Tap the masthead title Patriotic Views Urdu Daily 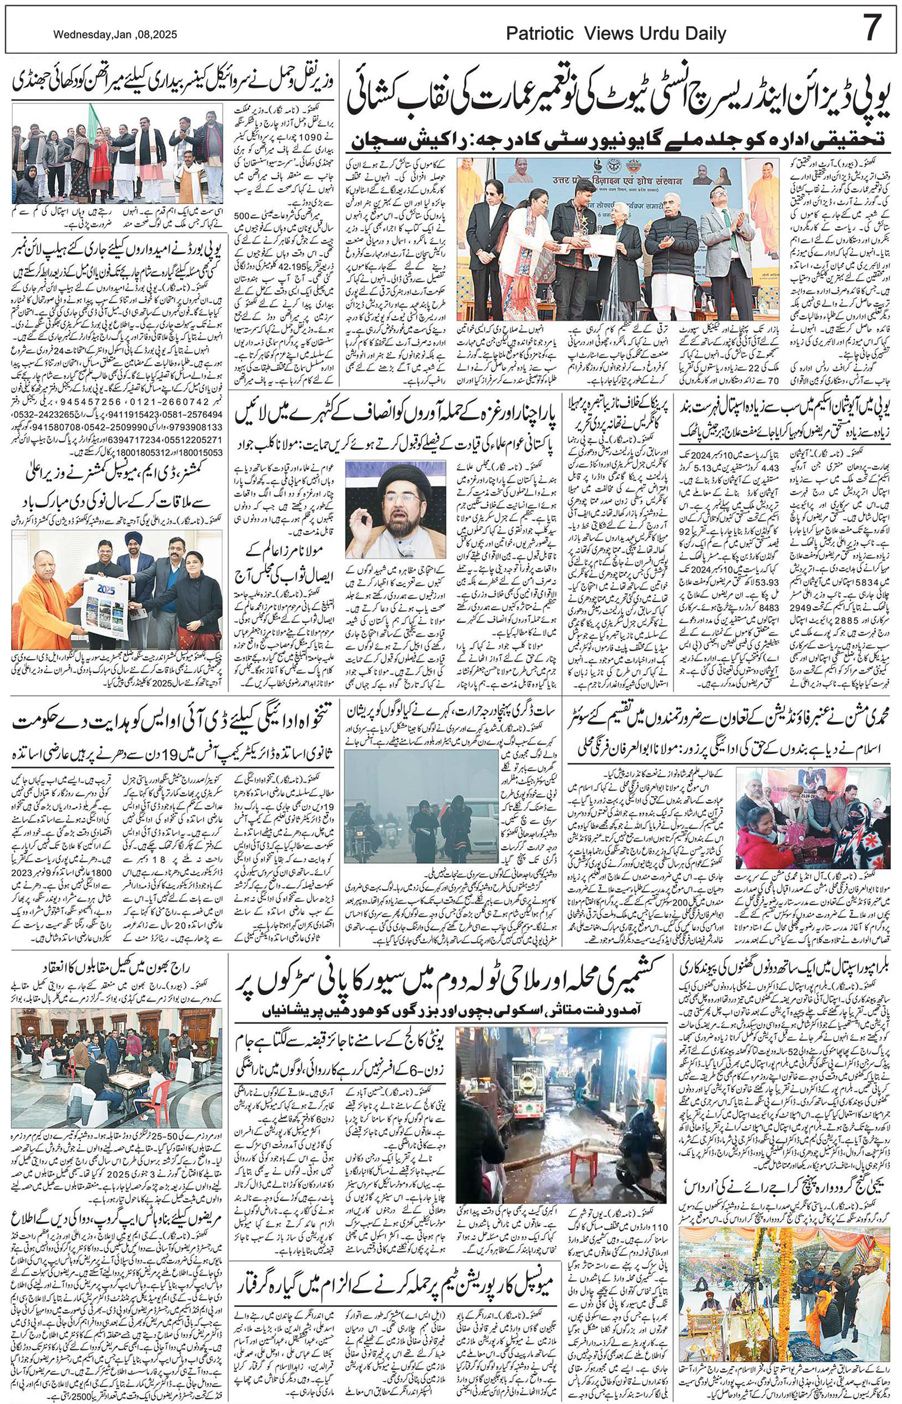tap(616, 33)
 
